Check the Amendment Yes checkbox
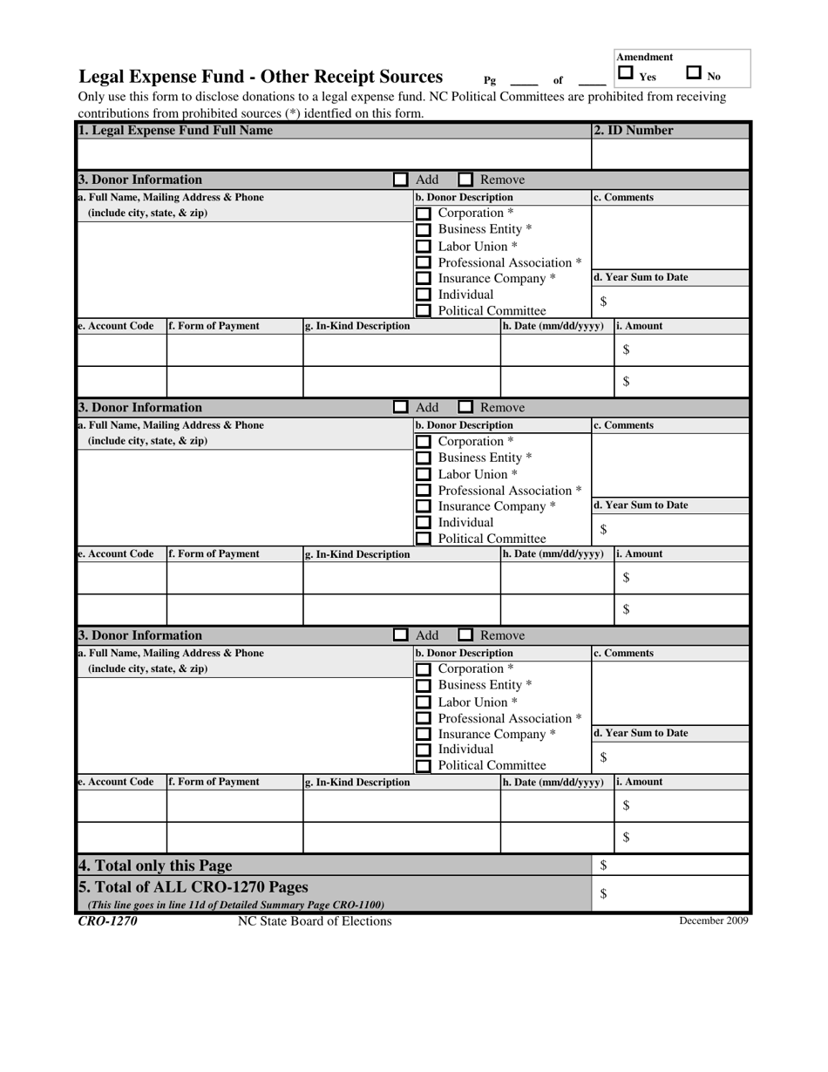[x=625, y=74]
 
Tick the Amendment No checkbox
[x=694, y=74]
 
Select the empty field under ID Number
[x=669, y=153]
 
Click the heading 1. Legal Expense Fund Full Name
[x=175, y=131]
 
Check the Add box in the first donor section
[x=400, y=180]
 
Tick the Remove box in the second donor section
[x=466, y=407]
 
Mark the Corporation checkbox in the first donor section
[x=423, y=214]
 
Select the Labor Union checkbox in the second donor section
[x=423, y=475]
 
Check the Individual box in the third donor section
[x=423, y=750]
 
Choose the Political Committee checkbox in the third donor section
[x=423, y=766]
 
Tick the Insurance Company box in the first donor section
[x=423, y=279]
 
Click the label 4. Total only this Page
[x=155, y=865]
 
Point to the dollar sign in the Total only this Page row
[x=603, y=865]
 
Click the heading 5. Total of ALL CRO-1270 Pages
[x=193, y=887]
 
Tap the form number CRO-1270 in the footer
[x=107, y=921]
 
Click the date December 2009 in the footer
[x=713, y=921]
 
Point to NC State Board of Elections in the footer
[x=315, y=921]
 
